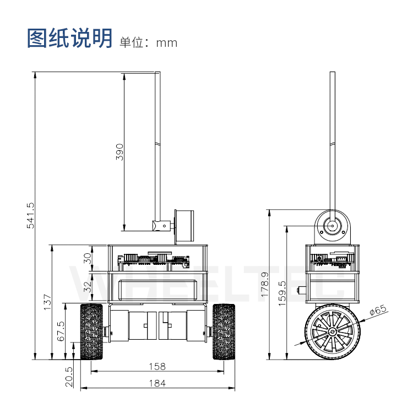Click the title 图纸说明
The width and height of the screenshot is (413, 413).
[x=70, y=39]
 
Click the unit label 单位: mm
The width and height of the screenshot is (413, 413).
[x=149, y=42]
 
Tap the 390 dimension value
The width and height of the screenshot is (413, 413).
[x=119, y=151]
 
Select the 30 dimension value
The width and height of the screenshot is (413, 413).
[x=87, y=259]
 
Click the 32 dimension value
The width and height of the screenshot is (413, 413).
[x=87, y=287]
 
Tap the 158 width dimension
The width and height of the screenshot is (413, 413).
[x=157, y=366]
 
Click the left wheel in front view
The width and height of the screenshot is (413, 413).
[x=91, y=332]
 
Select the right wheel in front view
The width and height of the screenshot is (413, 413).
[x=224, y=332]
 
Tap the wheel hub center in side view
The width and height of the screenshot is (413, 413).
[x=332, y=333]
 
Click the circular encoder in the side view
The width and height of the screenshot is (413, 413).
[x=332, y=225]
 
